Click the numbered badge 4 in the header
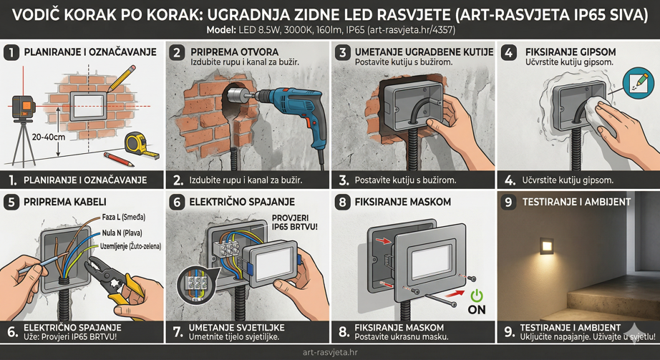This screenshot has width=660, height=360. click(x=509, y=53)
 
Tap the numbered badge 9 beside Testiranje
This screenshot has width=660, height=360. click(x=509, y=203)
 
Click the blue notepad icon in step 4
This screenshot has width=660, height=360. click(x=636, y=82)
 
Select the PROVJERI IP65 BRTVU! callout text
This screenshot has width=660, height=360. click(x=296, y=224)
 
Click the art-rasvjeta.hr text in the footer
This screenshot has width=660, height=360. click(x=330, y=352)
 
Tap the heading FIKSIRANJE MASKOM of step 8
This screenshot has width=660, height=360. click(x=403, y=203)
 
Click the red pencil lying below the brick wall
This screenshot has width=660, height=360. click(x=118, y=158)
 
